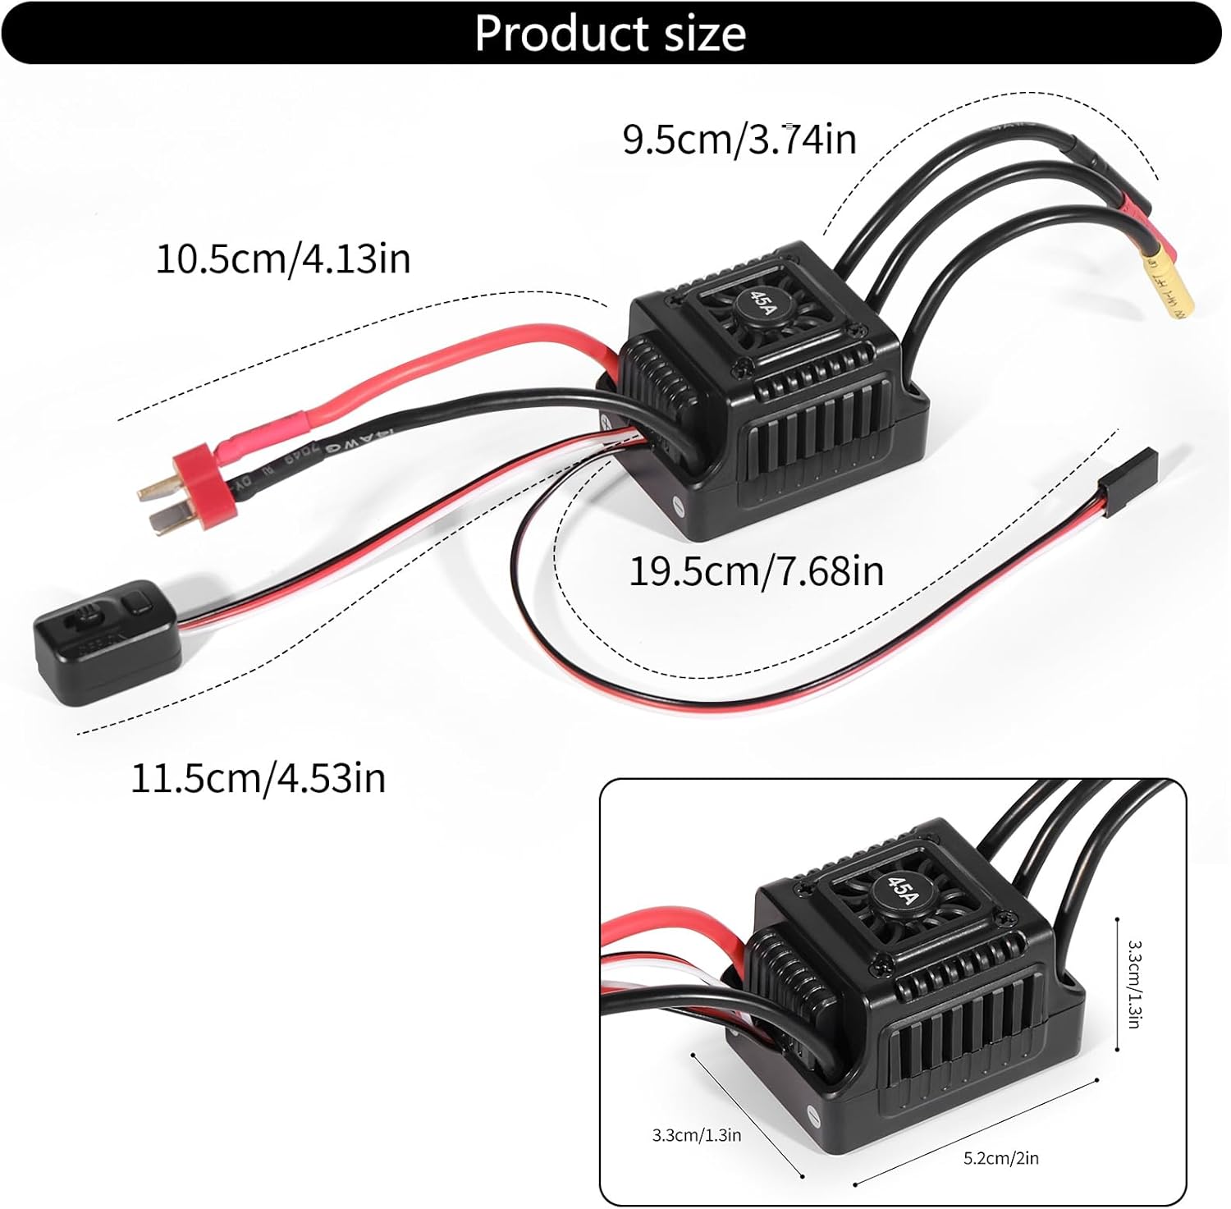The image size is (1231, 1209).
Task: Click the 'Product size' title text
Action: click(611, 34)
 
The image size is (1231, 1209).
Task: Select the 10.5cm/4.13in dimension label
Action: click(283, 259)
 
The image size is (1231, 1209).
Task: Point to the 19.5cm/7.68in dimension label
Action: click(756, 570)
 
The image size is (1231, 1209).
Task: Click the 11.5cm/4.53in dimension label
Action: click(258, 777)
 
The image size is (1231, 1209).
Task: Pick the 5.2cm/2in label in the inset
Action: click(1000, 1158)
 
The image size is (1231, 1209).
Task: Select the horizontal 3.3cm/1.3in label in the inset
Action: click(696, 1135)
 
